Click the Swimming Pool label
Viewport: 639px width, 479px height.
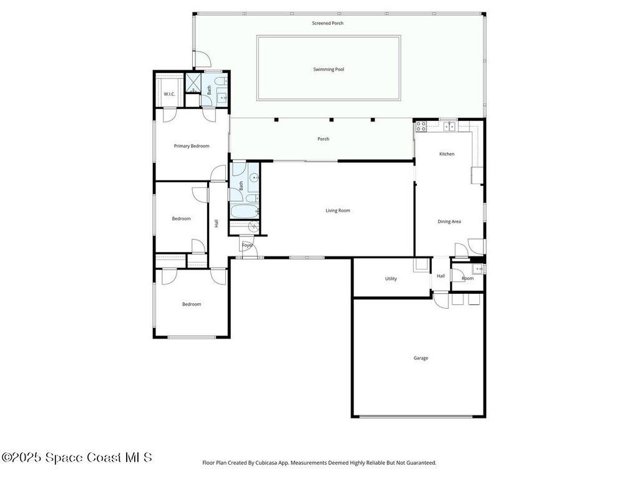coord(328,69)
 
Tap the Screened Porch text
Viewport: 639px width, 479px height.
coord(328,23)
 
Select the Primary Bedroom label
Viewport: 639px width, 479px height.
coord(192,146)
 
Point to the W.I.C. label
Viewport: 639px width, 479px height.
coord(170,94)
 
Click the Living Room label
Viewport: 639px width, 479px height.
coord(338,211)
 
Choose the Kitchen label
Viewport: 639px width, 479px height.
coord(447,154)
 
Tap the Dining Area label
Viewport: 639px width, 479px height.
coord(449,221)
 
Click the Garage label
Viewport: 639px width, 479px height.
coord(421,358)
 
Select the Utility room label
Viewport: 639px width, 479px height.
coord(391,279)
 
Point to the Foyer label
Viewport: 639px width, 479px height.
coord(247,245)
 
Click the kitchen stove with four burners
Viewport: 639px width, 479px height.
coord(421,126)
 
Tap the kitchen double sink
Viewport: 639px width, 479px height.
coord(449,126)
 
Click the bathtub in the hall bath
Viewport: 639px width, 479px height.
coord(245,211)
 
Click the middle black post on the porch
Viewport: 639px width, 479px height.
coord(331,120)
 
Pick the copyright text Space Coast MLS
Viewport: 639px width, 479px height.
coord(77,457)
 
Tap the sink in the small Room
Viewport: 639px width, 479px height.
coord(477,269)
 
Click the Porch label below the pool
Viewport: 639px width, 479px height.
coord(323,139)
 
